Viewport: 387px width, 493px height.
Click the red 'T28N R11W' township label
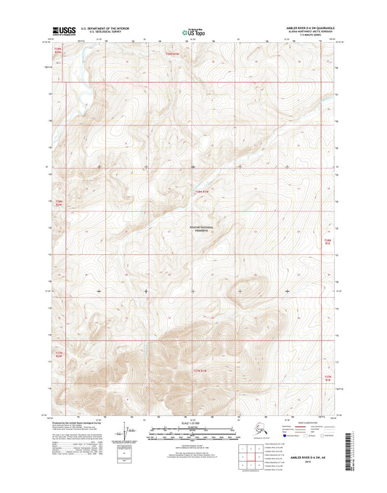205,192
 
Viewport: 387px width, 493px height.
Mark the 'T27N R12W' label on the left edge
60,355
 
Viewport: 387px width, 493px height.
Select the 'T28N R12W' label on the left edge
60,204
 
